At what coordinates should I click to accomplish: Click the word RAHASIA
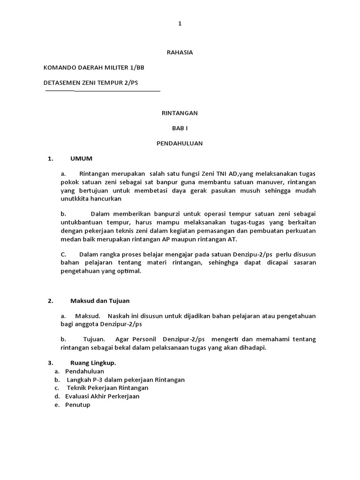tap(180, 52)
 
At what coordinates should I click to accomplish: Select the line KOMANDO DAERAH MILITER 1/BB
tap(94, 67)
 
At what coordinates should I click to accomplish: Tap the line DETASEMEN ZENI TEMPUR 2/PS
tap(91, 82)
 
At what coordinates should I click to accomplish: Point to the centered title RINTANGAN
tap(180, 113)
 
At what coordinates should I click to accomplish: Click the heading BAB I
tap(180, 128)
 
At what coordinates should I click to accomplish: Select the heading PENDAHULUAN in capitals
tap(180, 143)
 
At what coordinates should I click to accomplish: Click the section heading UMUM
tap(81, 158)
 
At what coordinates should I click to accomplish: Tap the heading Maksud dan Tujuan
tap(100, 300)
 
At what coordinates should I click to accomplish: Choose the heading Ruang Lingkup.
tap(93, 362)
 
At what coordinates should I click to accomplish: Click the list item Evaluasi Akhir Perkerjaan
tap(102, 396)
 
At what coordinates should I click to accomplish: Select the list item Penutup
tap(77, 405)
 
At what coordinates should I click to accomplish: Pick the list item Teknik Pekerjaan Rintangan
tap(107, 388)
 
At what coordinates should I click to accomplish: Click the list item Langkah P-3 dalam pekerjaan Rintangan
tap(126, 379)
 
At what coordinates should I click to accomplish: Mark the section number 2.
tap(50, 300)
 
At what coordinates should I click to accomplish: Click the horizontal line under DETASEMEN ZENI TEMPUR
tap(103, 90)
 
